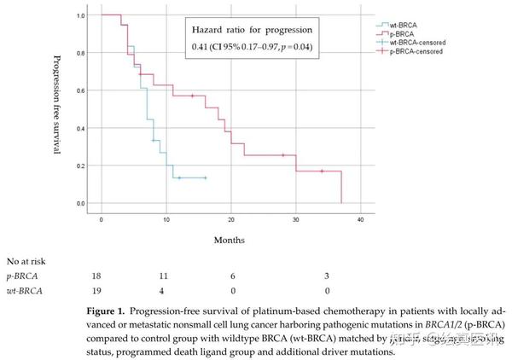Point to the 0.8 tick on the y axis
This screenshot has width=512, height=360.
click(x=91, y=53)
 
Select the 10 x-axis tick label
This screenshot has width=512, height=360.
click(x=166, y=220)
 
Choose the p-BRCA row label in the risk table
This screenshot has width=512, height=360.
click(x=23, y=276)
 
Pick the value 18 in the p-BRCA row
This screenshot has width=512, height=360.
click(x=96, y=276)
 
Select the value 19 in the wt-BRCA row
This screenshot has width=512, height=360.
click(x=96, y=291)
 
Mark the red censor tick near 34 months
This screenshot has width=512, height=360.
click(x=322, y=171)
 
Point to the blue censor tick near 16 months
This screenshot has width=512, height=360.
click(x=205, y=177)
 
